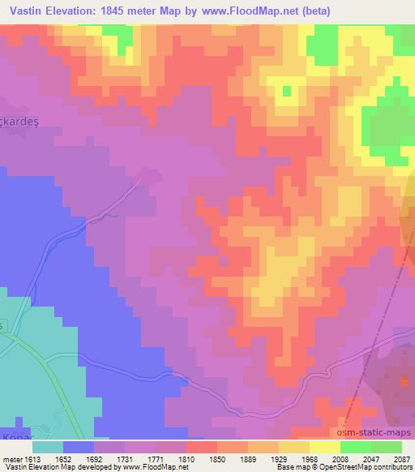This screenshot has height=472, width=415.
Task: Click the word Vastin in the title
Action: click(27, 11)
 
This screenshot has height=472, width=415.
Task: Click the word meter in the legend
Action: click(10, 458)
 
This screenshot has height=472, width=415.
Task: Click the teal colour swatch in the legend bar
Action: click(47, 447)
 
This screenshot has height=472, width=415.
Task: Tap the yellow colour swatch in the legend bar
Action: click(324, 447)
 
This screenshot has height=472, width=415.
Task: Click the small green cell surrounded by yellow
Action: click(285, 91)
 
